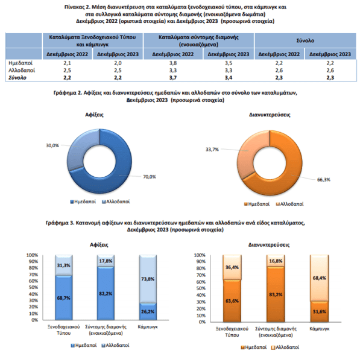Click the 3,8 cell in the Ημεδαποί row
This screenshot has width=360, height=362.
[x=173, y=63]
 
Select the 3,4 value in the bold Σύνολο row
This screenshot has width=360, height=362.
[x=229, y=78]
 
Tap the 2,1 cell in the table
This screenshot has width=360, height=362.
[x=67, y=63]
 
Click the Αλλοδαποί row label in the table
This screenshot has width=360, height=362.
[x=22, y=70]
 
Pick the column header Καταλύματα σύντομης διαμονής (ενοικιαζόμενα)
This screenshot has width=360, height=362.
[x=198, y=40]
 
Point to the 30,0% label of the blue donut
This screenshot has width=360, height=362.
[x=52, y=145]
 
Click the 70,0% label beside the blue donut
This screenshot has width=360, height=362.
[x=150, y=177]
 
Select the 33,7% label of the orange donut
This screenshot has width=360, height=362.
[x=212, y=150]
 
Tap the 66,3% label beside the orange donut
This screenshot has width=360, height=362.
[x=324, y=180]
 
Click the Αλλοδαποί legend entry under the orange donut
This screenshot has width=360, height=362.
[x=289, y=204]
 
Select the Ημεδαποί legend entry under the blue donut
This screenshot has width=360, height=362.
[x=83, y=202]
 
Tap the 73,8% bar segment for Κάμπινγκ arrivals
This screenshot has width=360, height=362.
[x=148, y=279]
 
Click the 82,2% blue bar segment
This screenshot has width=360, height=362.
[x=106, y=293]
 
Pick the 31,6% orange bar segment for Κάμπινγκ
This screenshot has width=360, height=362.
[x=320, y=311]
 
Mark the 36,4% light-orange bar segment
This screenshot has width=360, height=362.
[x=232, y=267]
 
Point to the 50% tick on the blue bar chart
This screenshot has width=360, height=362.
[x=33, y=287]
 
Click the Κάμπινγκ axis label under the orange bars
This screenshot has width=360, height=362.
[x=320, y=329]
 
